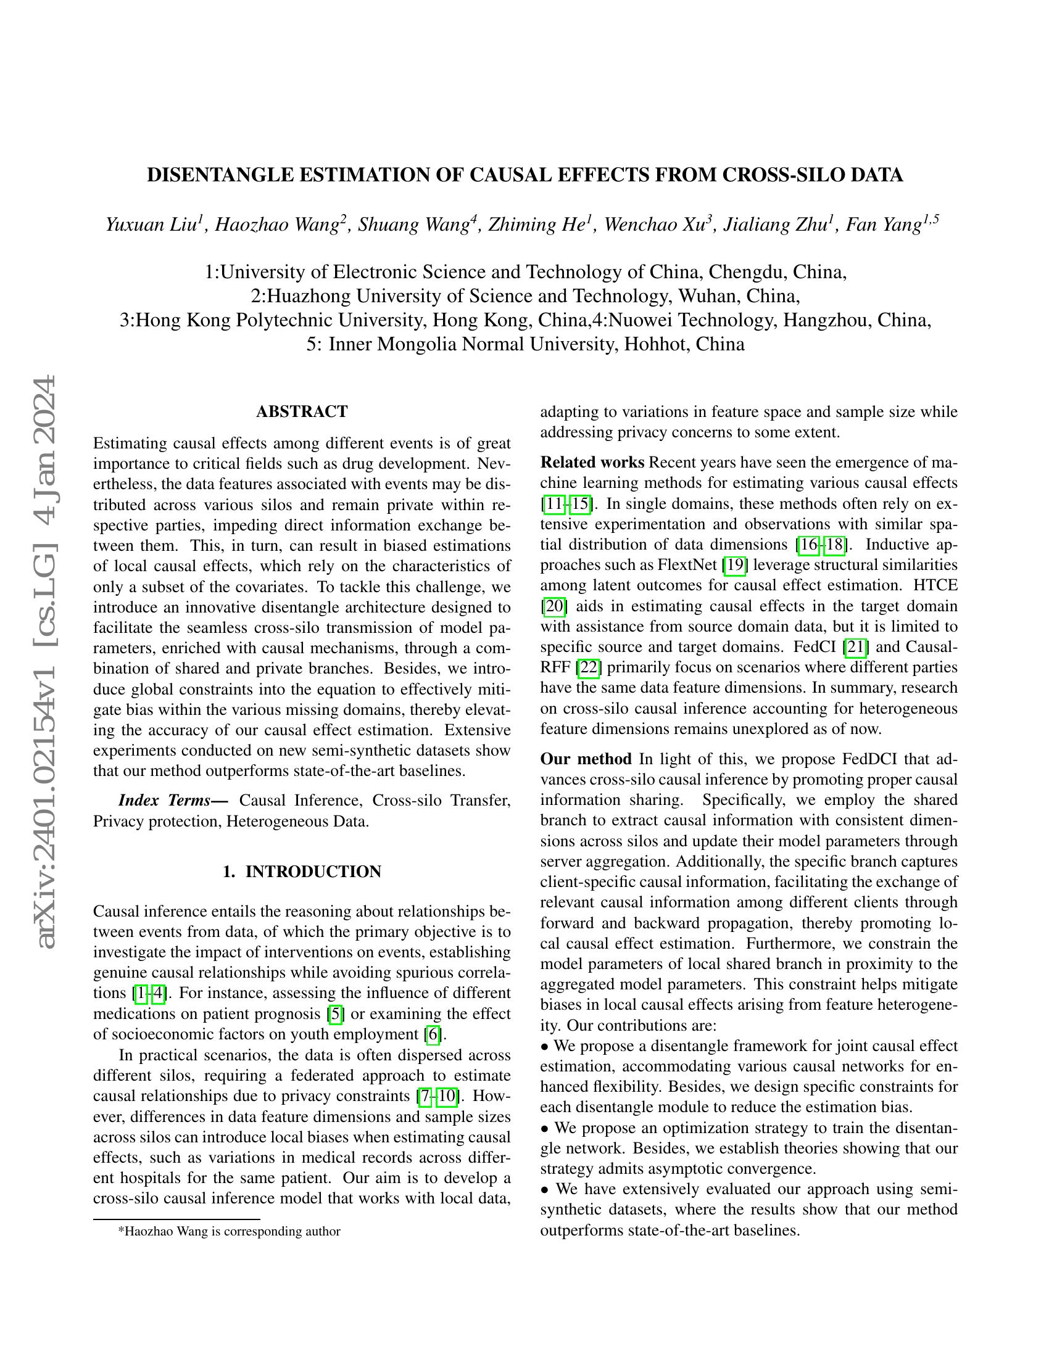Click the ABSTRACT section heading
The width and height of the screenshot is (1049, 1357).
click(301, 411)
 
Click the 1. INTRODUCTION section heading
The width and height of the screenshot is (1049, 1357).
click(301, 872)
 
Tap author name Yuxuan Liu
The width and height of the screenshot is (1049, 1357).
click(153, 225)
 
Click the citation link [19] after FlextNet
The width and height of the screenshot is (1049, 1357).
click(734, 565)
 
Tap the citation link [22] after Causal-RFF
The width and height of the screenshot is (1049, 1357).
click(588, 667)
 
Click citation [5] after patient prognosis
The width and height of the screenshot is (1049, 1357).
click(336, 1014)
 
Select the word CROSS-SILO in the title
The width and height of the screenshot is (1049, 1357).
click(777, 176)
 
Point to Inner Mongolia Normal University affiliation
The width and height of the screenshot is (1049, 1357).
click(525, 344)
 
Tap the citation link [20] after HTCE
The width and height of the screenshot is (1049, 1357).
click(553, 606)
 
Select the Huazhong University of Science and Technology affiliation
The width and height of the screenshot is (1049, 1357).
click(525, 295)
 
